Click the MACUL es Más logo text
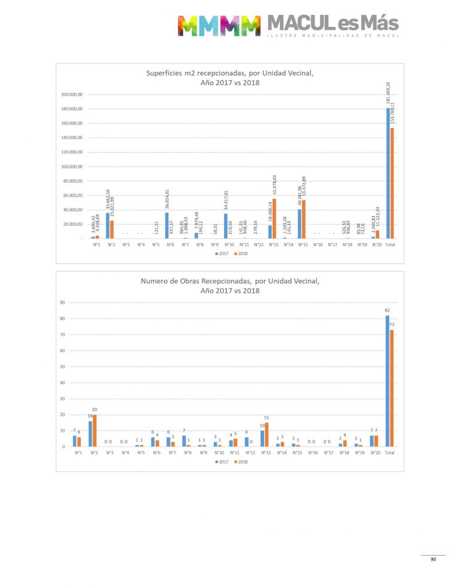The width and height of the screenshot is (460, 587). [x=332, y=23]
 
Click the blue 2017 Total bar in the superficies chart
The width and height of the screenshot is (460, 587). [x=388, y=174]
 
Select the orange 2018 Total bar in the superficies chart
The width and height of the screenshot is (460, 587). [x=393, y=183]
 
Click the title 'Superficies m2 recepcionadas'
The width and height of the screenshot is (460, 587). [x=230, y=74]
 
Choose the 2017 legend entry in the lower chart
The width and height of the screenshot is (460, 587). [x=221, y=461]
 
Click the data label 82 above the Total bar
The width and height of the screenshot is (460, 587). [x=388, y=310]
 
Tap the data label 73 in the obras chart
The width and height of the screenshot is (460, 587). [x=392, y=325]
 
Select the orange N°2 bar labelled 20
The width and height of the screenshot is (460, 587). [x=95, y=431]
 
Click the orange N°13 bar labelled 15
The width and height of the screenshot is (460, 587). [x=267, y=434]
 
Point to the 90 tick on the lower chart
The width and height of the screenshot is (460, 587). [x=62, y=302]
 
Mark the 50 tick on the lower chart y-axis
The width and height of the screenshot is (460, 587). [x=62, y=367]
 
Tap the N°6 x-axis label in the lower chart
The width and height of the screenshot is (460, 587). [x=156, y=453]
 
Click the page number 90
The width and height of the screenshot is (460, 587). [x=433, y=560]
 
